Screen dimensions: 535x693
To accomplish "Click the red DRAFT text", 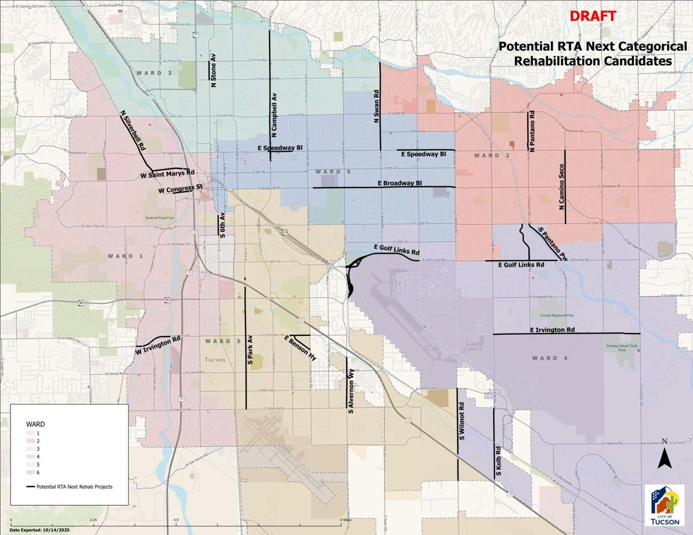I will (x=593, y=16).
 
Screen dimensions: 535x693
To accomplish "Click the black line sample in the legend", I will (x=30, y=487).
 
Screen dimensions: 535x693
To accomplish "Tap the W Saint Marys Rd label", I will (x=168, y=174).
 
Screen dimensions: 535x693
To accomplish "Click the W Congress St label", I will (x=180, y=189).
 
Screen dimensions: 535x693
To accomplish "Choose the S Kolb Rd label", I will (x=497, y=461).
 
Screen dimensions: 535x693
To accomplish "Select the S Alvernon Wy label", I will (x=351, y=393).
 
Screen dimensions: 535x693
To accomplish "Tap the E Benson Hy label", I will (x=300, y=349).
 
